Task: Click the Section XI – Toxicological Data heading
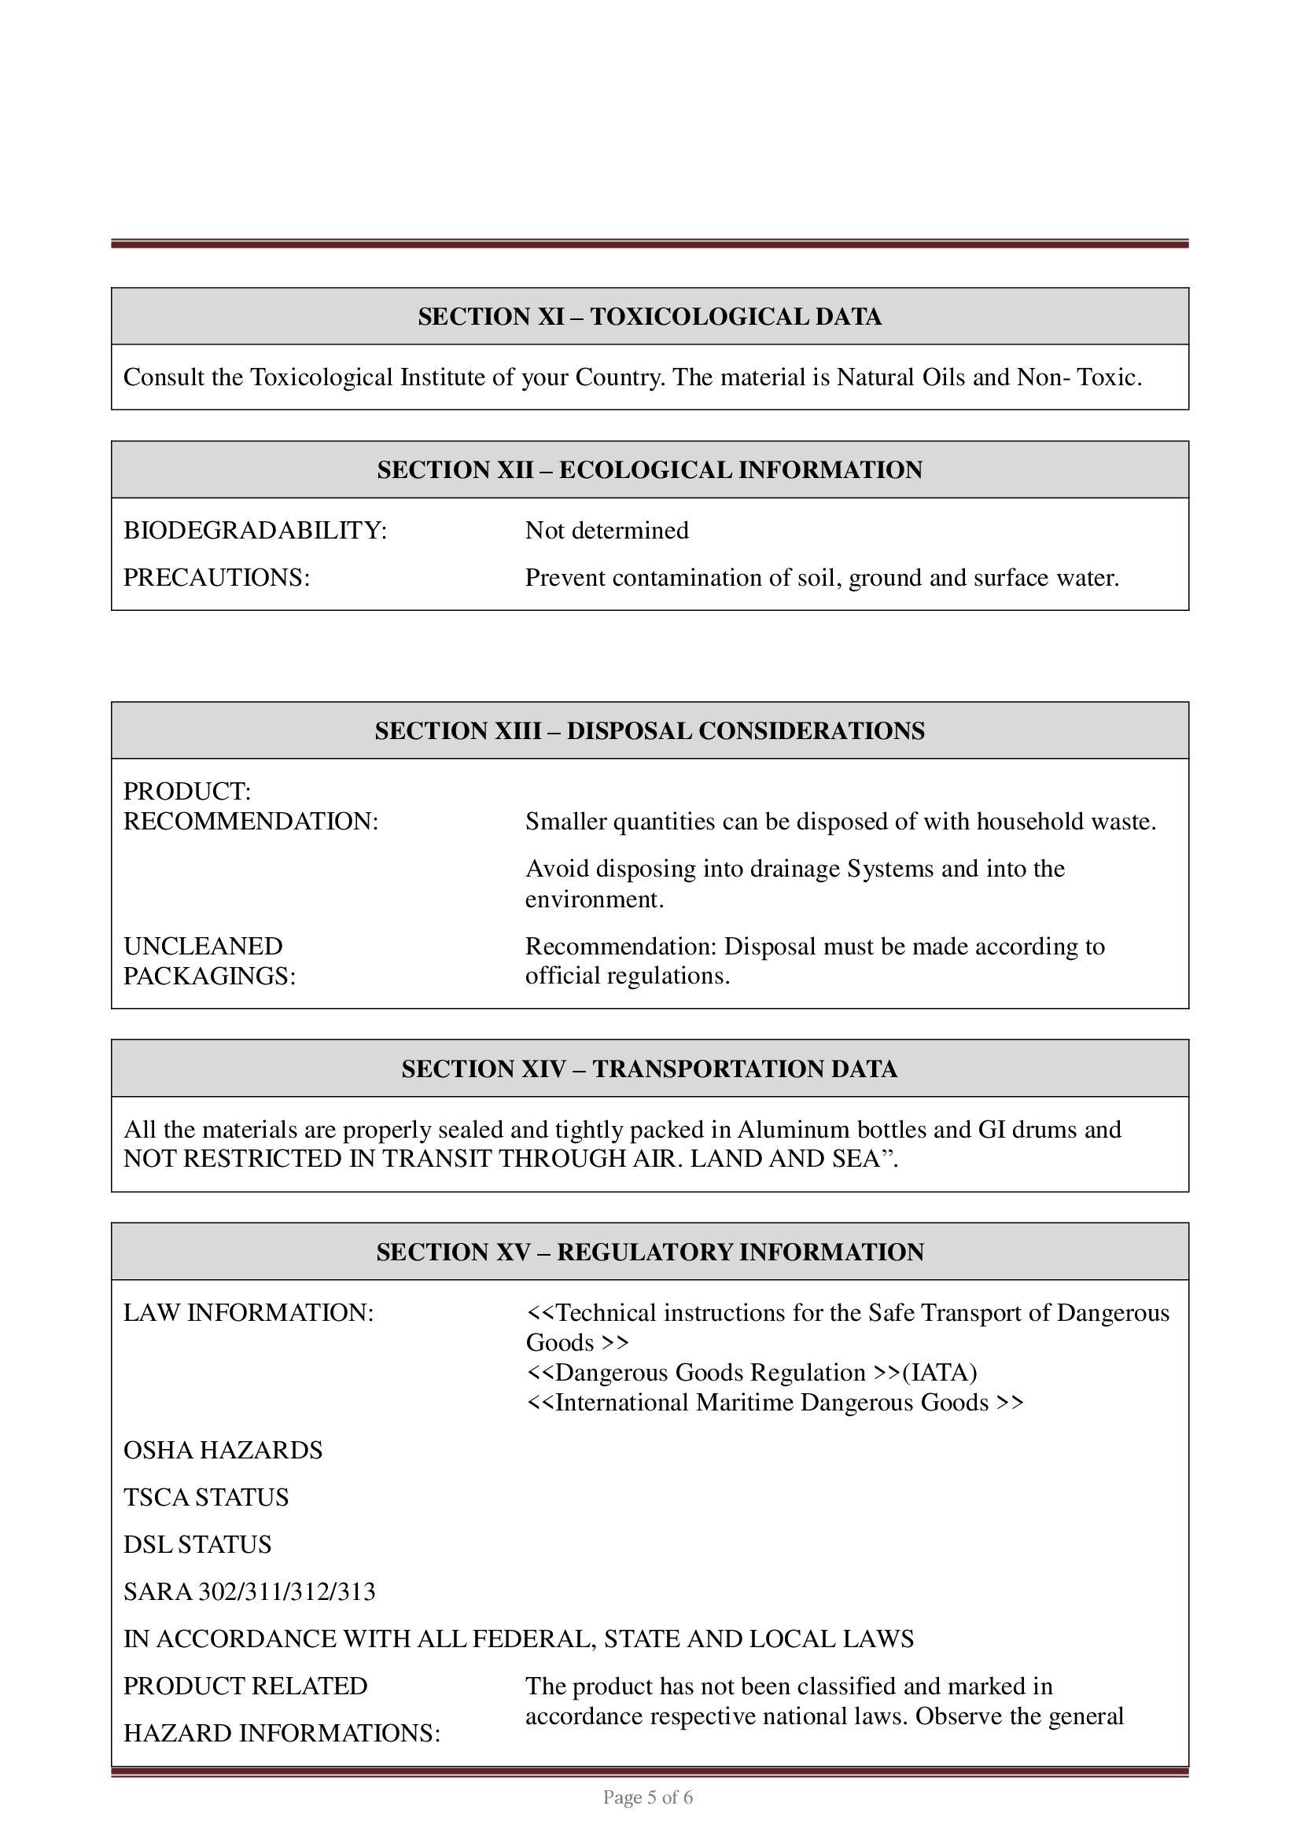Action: [x=650, y=317]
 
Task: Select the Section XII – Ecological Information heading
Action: [x=650, y=470]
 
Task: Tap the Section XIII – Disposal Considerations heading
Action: [x=650, y=731]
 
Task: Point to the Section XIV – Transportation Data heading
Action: [x=650, y=1069]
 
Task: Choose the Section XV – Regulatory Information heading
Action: [x=650, y=1252]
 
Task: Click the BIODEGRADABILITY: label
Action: [x=255, y=531]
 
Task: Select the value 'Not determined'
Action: [x=606, y=531]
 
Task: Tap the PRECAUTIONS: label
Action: [x=216, y=579]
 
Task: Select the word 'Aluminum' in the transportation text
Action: [x=793, y=1130]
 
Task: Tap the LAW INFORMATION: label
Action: [x=249, y=1314]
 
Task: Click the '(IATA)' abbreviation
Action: [x=940, y=1373]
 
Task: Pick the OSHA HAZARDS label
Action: [x=223, y=1451]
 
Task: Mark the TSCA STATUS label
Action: [x=206, y=1498]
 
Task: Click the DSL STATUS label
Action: [x=197, y=1545]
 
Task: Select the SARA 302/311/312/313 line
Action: [x=249, y=1592]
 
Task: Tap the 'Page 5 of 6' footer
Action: [x=647, y=1798]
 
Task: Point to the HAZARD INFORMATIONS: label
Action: [x=281, y=1734]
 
